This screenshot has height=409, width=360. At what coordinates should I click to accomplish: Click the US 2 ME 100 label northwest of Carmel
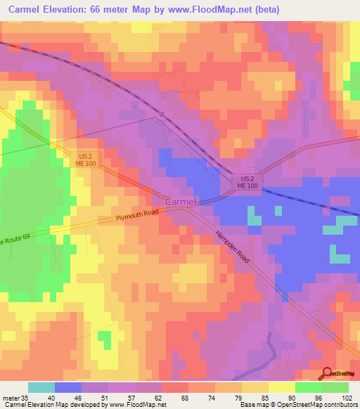click(x=85, y=160)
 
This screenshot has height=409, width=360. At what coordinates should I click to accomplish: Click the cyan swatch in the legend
click(x=41, y=387)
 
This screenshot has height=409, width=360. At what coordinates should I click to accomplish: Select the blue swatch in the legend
click(x=68, y=387)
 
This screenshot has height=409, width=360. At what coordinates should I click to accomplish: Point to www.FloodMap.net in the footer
click(x=134, y=405)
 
